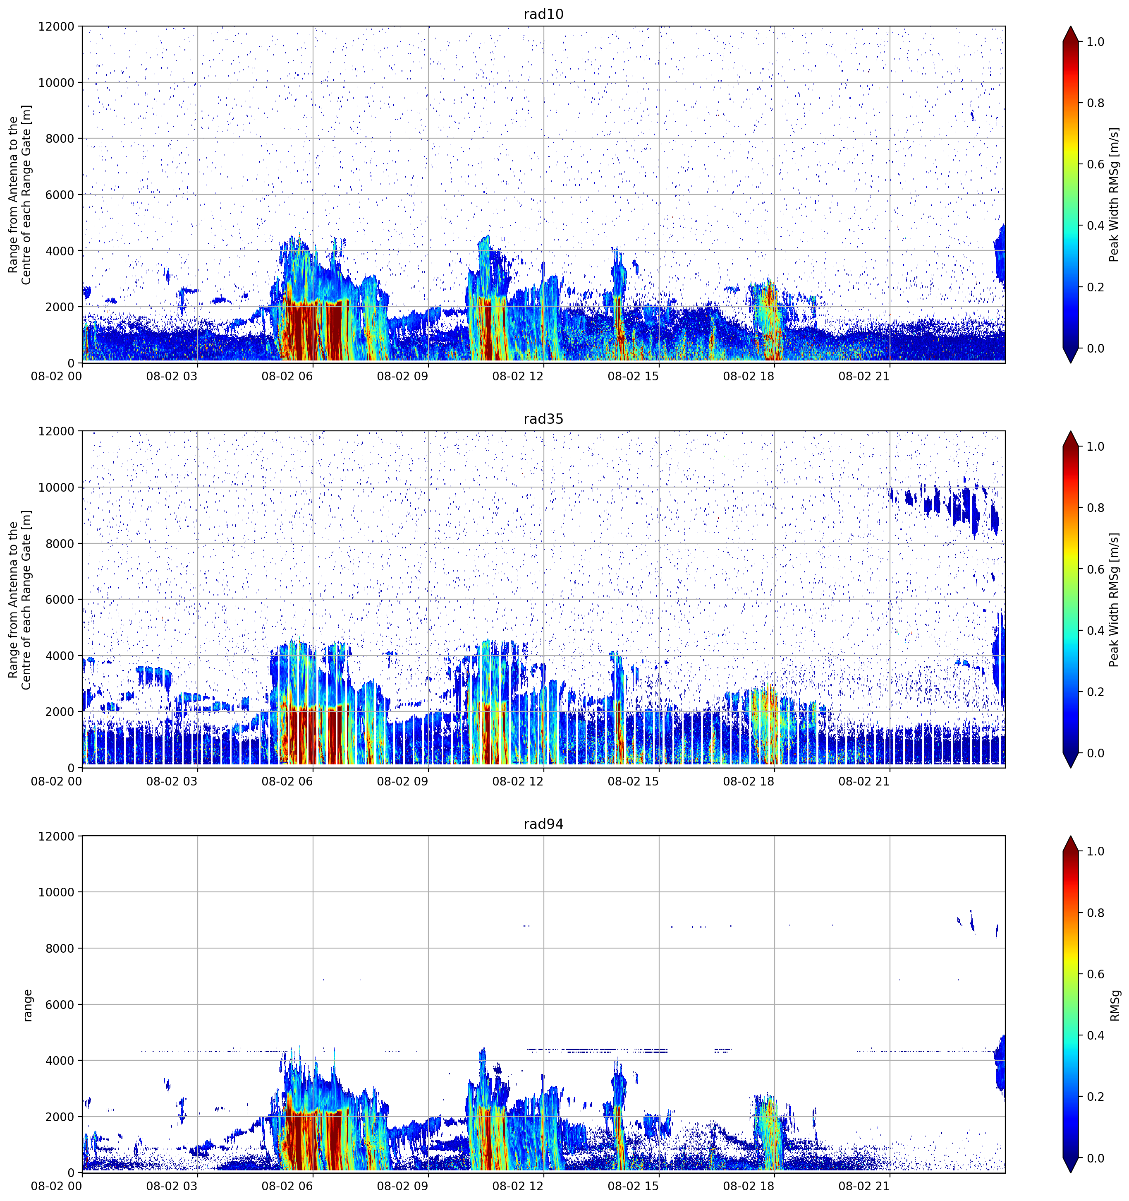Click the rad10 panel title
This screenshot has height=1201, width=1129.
click(x=543, y=14)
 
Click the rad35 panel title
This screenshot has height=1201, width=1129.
click(x=543, y=419)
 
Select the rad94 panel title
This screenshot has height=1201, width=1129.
click(x=543, y=824)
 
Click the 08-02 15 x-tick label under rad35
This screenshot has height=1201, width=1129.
click(x=633, y=781)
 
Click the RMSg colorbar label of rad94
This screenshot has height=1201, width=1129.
click(x=1115, y=1005)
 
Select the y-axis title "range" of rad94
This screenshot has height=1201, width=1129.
click(x=27, y=1005)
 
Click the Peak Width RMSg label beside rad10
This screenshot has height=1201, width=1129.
click(x=1115, y=195)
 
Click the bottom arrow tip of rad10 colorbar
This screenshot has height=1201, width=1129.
click(x=1070, y=363)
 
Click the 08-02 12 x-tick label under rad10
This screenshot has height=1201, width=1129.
click(x=518, y=376)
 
